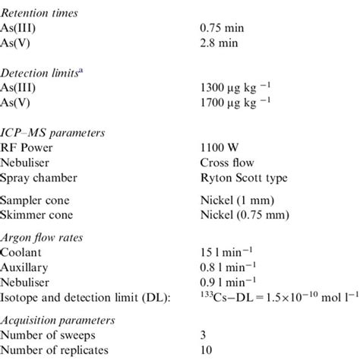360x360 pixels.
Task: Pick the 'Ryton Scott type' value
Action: pyautogui.click(x=239, y=177)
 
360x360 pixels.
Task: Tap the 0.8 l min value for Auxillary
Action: pyautogui.click(x=226, y=267)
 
